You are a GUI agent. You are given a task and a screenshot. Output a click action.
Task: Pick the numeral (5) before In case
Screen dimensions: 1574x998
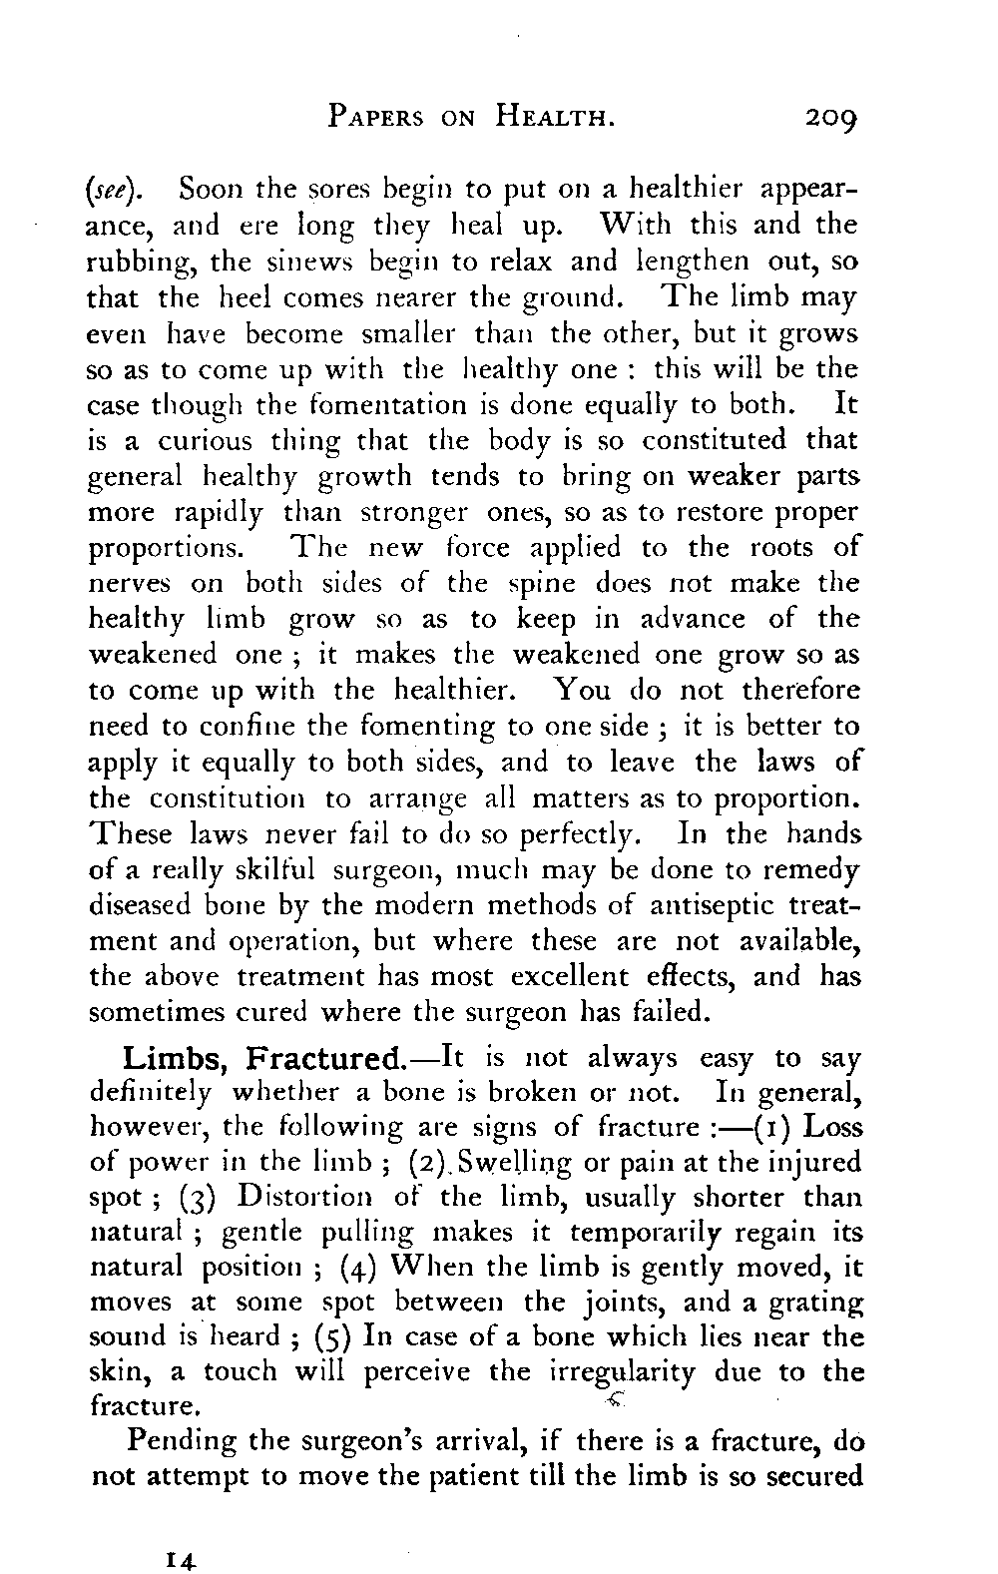[x=333, y=1336]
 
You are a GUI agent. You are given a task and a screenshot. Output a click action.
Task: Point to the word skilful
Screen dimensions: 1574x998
[x=272, y=870]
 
